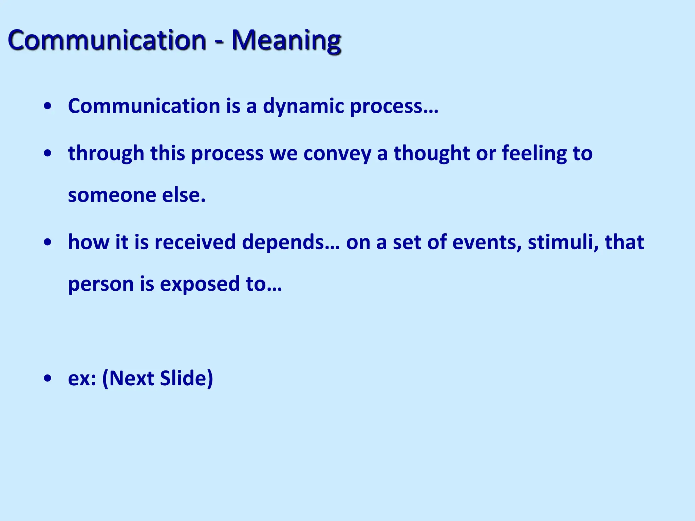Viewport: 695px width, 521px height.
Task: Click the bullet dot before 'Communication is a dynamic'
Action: tap(48, 106)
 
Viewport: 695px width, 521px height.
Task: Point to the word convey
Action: tap(337, 154)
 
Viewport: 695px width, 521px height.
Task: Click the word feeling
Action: tap(534, 154)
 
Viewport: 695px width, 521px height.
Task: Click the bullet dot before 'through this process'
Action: tap(48, 153)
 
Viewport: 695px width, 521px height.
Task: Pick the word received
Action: tap(195, 242)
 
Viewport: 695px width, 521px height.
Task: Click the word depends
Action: tap(283, 242)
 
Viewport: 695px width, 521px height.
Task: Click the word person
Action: tap(101, 284)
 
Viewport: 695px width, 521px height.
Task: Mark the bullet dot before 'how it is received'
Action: tap(48, 242)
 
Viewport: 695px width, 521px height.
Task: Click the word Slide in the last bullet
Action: tap(186, 378)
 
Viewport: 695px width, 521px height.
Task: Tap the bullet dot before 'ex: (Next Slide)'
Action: tap(48, 378)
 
